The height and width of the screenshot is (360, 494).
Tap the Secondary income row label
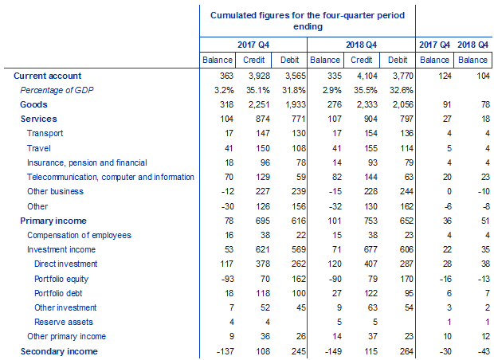pos(59,351)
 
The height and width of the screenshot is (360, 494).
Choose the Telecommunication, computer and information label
pos(110,177)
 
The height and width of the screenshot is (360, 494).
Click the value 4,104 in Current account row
pos(361,76)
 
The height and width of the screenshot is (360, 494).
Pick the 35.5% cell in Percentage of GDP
pos(361,90)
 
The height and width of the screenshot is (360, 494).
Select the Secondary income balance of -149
pos(325,351)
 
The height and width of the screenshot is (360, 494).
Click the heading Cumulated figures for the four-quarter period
pos(307,15)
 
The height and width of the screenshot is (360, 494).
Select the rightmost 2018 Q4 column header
pos(474,45)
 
